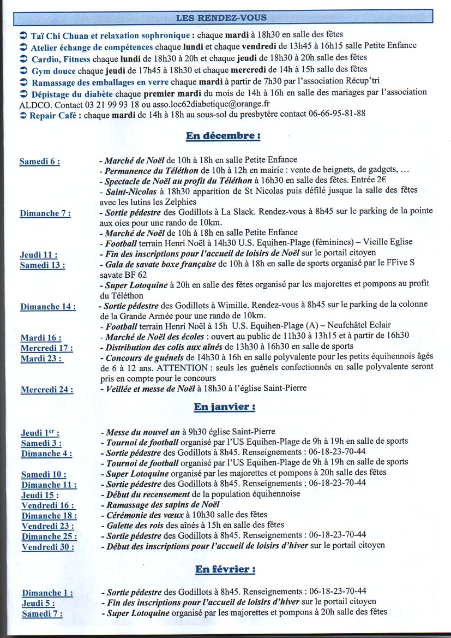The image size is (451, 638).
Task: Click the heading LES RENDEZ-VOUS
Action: click(221, 18)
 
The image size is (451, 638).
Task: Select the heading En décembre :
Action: click(223, 136)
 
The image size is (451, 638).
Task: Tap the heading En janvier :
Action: click(225, 407)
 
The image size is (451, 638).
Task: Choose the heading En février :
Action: click(225, 570)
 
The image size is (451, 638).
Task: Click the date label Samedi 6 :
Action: click(39, 162)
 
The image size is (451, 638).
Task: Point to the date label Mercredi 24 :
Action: click(47, 390)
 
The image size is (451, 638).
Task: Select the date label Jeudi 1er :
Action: click(40, 433)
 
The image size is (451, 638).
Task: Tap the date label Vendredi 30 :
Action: click(48, 546)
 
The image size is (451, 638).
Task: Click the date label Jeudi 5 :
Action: click(38, 603)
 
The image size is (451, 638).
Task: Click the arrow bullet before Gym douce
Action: click(23, 70)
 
